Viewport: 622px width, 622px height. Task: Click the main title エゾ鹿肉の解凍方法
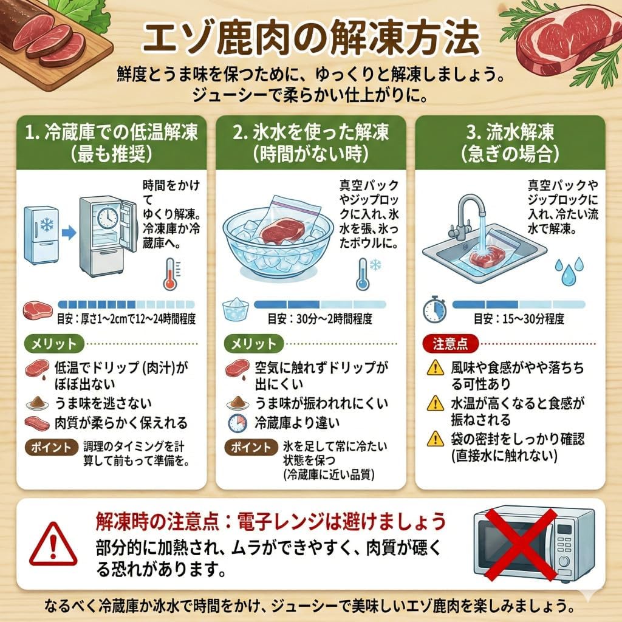(x=312, y=38)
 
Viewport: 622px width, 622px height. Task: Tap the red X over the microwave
(x=521, y=545)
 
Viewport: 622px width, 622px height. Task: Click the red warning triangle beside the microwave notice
(x=53, y=544)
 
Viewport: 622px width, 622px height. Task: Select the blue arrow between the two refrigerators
(x=69, y=233)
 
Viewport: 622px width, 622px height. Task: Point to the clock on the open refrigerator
(x=108, y=218)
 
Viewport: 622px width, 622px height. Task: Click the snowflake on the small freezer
(x=47, y=224)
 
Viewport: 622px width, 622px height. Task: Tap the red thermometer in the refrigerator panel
(x=171, y=274)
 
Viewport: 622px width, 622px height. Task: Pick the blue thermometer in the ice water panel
(x=363, y=274)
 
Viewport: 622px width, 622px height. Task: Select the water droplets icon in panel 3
(x=569, y=271)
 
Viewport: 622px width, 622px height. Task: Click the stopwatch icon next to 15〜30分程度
(x=435, y=309)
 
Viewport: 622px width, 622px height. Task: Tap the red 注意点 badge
(x=450, y=344)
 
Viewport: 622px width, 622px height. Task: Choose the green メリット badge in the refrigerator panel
(x=54, y=344)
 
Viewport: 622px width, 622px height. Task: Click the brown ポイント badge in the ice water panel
(x=251, y=447)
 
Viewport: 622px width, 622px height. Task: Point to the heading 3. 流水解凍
(x=510, y=132)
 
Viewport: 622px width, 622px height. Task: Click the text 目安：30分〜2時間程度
(x=320, y=318)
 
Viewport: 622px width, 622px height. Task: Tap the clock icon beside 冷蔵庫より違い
(x=238, y=423)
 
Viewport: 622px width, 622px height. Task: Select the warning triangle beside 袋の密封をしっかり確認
(x=435, y=439)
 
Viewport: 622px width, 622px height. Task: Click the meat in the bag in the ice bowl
(x=282, y=230)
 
